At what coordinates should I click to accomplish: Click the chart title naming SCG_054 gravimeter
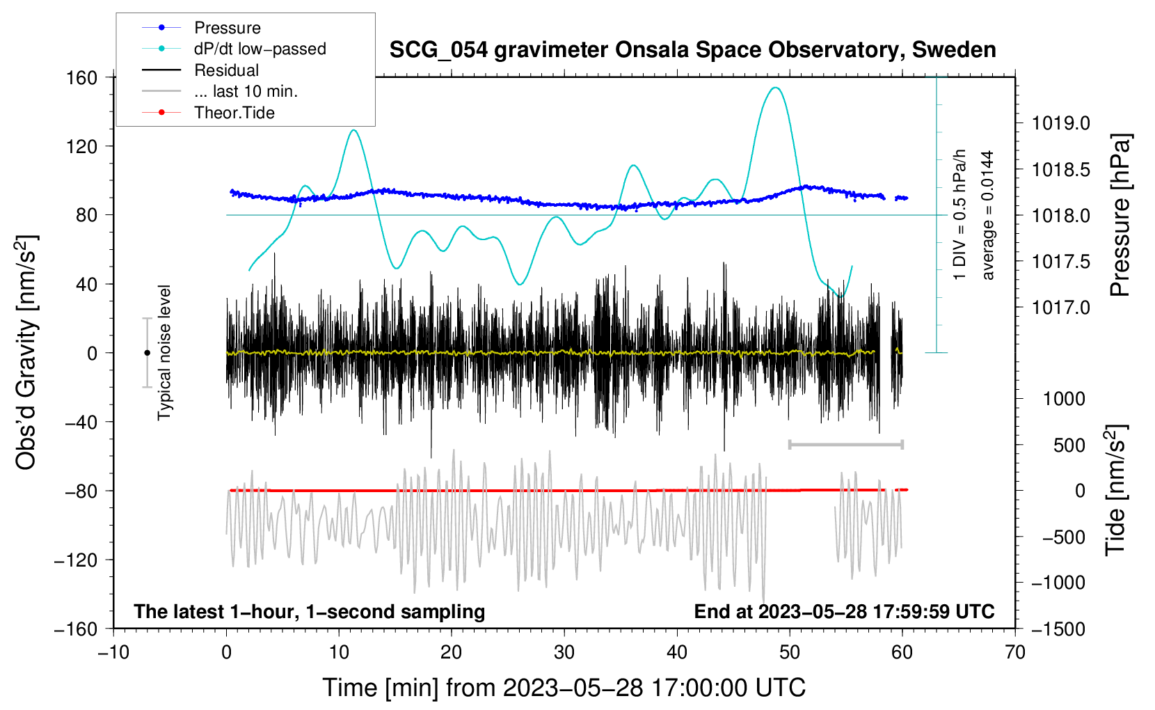(x=692, y=50)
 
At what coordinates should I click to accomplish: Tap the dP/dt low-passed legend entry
(x=260, y=49)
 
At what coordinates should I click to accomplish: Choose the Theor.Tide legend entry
(x=234, y=113)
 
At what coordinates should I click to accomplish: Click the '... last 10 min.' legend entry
(x=246, y=91)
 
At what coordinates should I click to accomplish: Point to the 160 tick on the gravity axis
(x=82, y=77)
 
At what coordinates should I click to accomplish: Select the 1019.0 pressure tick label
(x=1060, y=123)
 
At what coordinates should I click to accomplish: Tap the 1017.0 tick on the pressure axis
(x=1060, y=307)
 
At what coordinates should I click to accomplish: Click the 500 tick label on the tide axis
(x=1069, y=445)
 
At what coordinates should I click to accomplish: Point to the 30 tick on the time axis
(x=564, y=652)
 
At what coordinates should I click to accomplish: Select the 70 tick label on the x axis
(x=1015, y=652)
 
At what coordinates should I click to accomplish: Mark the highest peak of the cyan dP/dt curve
(x=775, y=88)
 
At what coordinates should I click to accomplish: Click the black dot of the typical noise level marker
(x=147, y=353)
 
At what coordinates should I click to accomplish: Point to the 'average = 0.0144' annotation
(x=988, y=215)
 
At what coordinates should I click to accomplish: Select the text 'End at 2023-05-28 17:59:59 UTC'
(x=844, y=611)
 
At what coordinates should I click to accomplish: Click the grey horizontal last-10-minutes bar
(x=845, y=444)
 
